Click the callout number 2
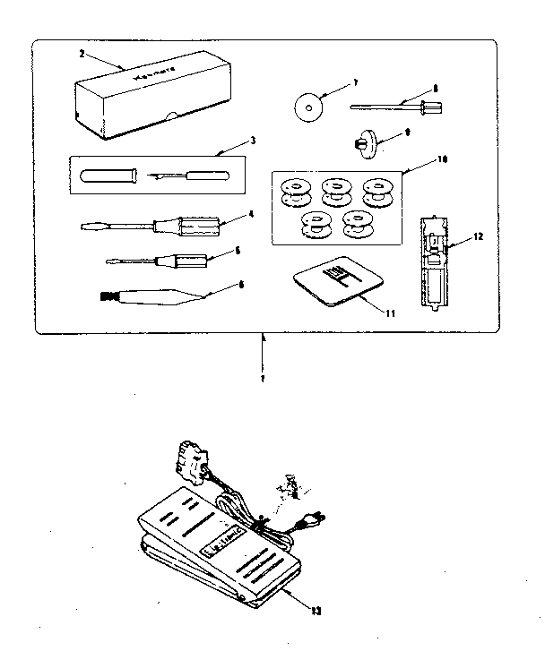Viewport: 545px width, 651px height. pyautogui.click(x=82, y=54)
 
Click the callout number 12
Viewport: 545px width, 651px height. pyautogui.click(x=479, y=236)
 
